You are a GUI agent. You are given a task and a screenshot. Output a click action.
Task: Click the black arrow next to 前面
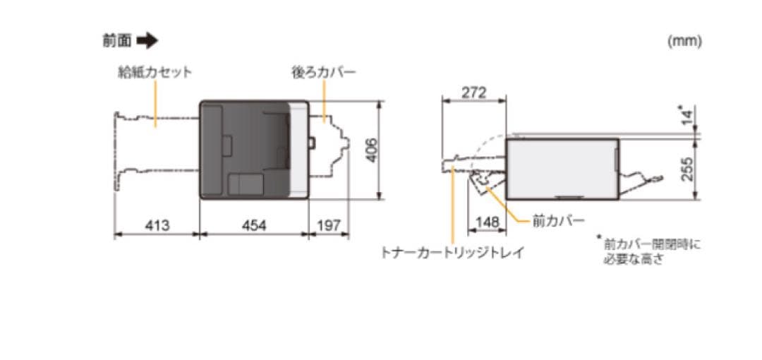(x=147, y=42)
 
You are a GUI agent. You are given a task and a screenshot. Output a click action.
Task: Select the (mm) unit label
(x=684, y=42)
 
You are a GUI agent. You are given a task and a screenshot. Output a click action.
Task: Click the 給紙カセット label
(x=155, y=73)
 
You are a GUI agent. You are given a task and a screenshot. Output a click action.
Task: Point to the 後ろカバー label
(x=324, y=73)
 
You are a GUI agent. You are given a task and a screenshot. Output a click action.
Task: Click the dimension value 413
(x=157, y=225)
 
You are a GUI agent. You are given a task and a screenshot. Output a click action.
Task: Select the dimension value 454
(x=254, y=225)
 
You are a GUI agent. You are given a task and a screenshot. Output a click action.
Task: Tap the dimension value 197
(x=328, y=225)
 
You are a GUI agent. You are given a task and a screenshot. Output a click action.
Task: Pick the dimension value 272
(x=473, y=92)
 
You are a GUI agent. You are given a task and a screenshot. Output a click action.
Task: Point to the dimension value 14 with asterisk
(x=685, y=115)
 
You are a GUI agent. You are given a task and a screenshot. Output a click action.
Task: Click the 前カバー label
(x=558, y=221)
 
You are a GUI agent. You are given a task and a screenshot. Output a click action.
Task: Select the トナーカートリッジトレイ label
(x=452, y=252)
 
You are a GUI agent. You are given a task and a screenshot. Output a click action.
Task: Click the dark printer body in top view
(x=247, y=150)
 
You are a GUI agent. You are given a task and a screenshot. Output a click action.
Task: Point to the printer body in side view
(x=562, y=167)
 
